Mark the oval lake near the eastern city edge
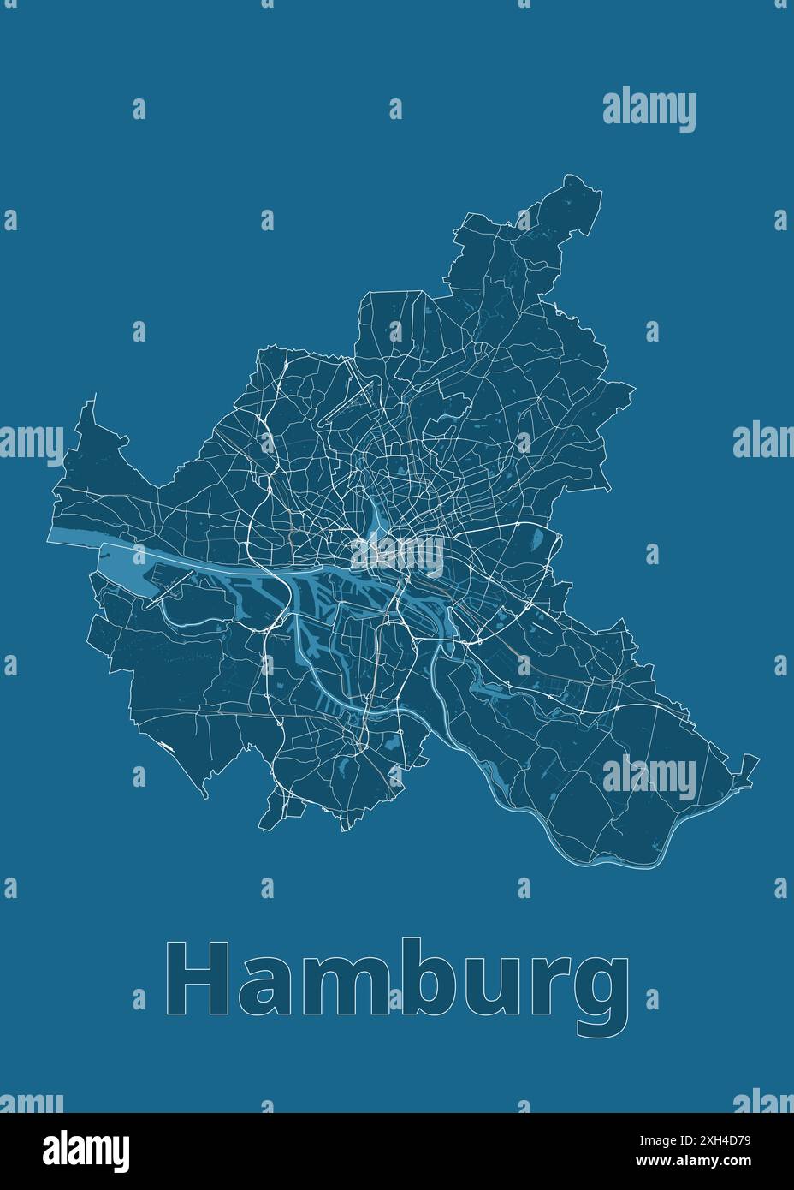(x=538, y=540)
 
